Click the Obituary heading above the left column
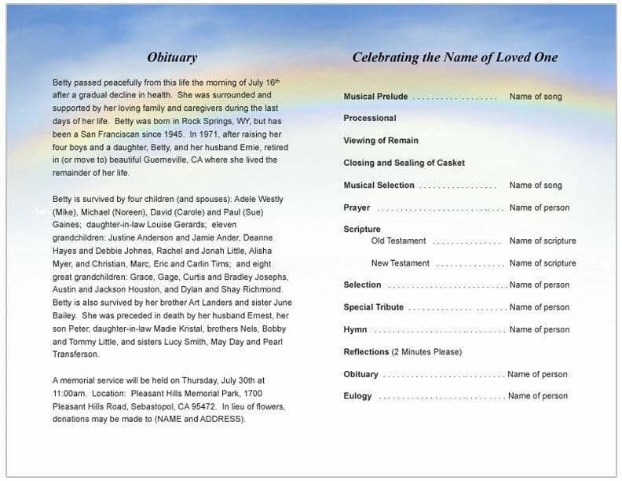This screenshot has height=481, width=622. (x=172, y=57)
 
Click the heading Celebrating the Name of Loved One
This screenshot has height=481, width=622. (x=455, y=57)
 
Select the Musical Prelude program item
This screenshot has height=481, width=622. (x=375, y=97)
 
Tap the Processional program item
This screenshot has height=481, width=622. (x=370, y=118)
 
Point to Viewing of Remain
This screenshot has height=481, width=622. (x=381, y=141)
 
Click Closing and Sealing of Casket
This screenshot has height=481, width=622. (x=404, y=163)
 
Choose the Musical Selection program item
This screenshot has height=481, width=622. (x=379, y=185)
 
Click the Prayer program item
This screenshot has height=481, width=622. (x=357, y=207)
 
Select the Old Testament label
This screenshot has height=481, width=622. (x=398, y=240)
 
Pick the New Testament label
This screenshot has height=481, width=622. (x=400, y=263)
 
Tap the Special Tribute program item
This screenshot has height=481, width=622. (x=373, y=307)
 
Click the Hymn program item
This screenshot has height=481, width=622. (x=355, y=329)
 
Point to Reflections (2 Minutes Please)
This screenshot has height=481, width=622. (x=402, y=352)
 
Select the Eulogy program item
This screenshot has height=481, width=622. (x=357, y=396)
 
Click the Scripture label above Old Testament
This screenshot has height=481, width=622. (x=362, y=229)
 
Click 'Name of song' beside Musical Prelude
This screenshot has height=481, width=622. (x=536, y=97)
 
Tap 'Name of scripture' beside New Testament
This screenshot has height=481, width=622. (x=542, y=263)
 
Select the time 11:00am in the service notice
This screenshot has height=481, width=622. (x=69, y=393)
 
